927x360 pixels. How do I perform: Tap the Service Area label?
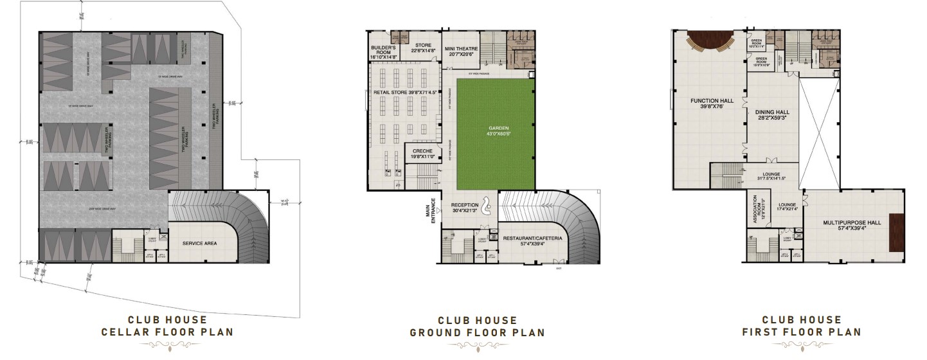pos(203,244)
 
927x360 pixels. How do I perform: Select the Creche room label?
pos(421,153)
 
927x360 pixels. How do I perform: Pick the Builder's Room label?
pos(384,53)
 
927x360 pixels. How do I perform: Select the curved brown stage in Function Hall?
pos(710,42)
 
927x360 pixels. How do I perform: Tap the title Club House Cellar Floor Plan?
pos(167,326)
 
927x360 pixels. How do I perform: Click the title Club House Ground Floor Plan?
pos(477,326)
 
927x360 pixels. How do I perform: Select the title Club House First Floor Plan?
pos(801,326)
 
